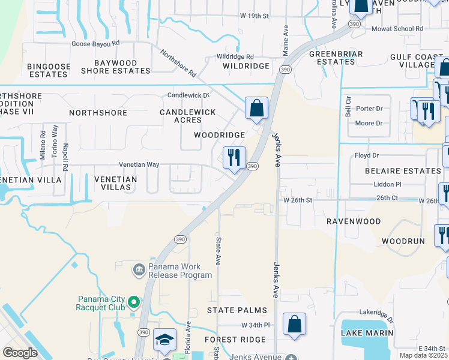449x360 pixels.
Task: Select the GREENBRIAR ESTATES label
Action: pyautogui.click(x=333, y=58)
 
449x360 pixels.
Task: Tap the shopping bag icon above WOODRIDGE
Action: pyautogui.click(x=256, y=109)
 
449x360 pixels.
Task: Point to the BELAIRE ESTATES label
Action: pyautogui.click(x=403, y=171)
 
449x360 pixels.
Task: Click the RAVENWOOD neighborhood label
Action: pyautogui.click(x=354, y=221)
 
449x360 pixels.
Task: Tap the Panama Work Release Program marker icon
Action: pyautogui.click(x=139, y=268)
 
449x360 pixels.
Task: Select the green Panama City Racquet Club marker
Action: pyautogui.click(x=134, y=301)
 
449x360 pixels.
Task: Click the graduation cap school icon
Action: pyautogui.click(x=164, y=340)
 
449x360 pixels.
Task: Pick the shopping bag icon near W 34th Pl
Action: pyautogui.click(x=294, y=325)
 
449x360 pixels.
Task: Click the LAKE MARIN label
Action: pyautogui.click(x=367, y=333)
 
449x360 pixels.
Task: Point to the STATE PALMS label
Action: pyautogui.click(x=237, y=310)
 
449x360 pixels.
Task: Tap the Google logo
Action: pyautogui.click(x=20, y=352)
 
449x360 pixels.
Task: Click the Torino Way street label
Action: pyautogui.click(x=55, y=141)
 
